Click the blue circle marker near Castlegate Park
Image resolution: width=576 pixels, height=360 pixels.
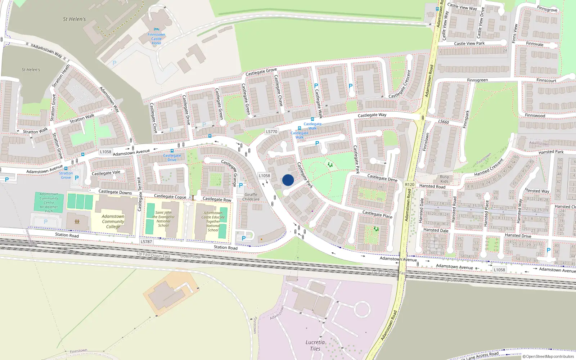click(x=288, y=180)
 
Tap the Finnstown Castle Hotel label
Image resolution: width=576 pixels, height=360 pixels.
click(x=156, y=39)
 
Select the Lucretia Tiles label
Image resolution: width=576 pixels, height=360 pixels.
click(x=315, y=345)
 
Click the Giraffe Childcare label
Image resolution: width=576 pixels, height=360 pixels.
click(x=251, y=197)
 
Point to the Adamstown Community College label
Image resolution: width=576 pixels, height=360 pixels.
click(x=113, y=221)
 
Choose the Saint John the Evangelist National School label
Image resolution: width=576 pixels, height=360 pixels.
click(x=163, y=219)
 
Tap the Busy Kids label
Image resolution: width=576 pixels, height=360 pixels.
click(x=444, y=179)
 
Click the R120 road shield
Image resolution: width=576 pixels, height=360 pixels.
click(x=410, y=184)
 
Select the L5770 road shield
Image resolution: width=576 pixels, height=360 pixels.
click(x=272, y=132)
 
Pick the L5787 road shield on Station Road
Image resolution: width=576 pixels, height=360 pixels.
click(x=147, y=242)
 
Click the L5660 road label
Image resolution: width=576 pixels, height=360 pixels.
click(x=444, y=122)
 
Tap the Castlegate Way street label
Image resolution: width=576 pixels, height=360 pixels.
click(x=372, y=115)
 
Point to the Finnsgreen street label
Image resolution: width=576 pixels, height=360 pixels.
click(x=477, y=80)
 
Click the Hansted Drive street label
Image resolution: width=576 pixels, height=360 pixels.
click(x=518, y=235)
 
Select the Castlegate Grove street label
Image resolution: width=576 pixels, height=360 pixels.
click(x=261, y=72)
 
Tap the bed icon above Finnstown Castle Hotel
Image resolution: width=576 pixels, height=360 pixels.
click(x=156, y=29)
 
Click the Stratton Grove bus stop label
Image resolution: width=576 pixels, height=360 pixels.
click(x=66, y=175)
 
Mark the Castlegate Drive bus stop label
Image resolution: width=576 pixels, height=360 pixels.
click(x=172, y=158)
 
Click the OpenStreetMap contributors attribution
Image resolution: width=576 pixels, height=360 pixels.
click(x=548, y=356)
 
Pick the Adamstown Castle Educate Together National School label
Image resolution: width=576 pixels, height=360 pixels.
click(x=213, y=221)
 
